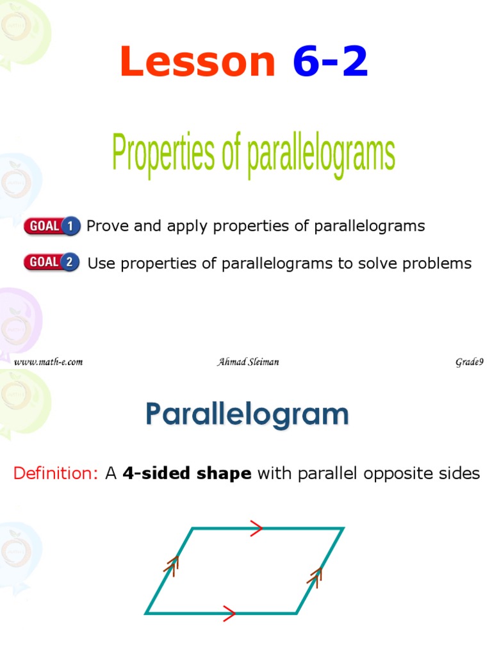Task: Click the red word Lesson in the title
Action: (197, 62)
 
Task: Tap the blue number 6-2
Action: (331, 62)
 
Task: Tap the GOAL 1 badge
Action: (51, 226)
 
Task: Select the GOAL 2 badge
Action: (51, 262)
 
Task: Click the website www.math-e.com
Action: (49, 362)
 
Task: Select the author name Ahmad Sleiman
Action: (248, 362)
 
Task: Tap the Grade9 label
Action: (469, 362)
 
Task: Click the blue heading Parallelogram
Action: (247, 415)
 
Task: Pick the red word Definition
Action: (55, 473)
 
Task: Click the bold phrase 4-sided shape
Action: (186, 473)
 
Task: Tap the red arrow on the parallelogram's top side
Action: (256, 528)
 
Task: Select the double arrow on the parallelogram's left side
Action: (172, 563)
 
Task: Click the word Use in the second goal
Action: (100, 263)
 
